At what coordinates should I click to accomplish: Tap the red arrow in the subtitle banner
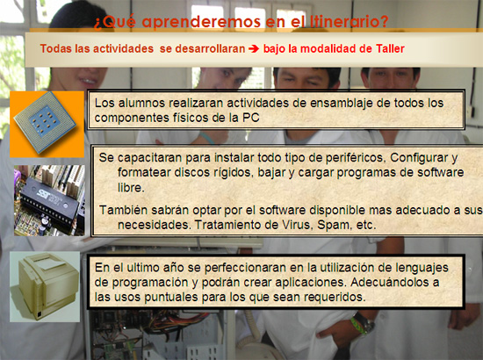[x=254, y=48]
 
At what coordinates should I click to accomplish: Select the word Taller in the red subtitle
[x=390, y=48]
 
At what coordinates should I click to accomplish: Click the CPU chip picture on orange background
[x=47, y=125]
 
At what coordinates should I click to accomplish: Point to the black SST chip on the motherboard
[x=50, y=201]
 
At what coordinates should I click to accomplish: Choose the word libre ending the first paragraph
[x=131, y=187]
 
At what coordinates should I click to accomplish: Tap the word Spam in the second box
[x=335, y=226]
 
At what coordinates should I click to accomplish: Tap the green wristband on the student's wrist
[x=357, y=325]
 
